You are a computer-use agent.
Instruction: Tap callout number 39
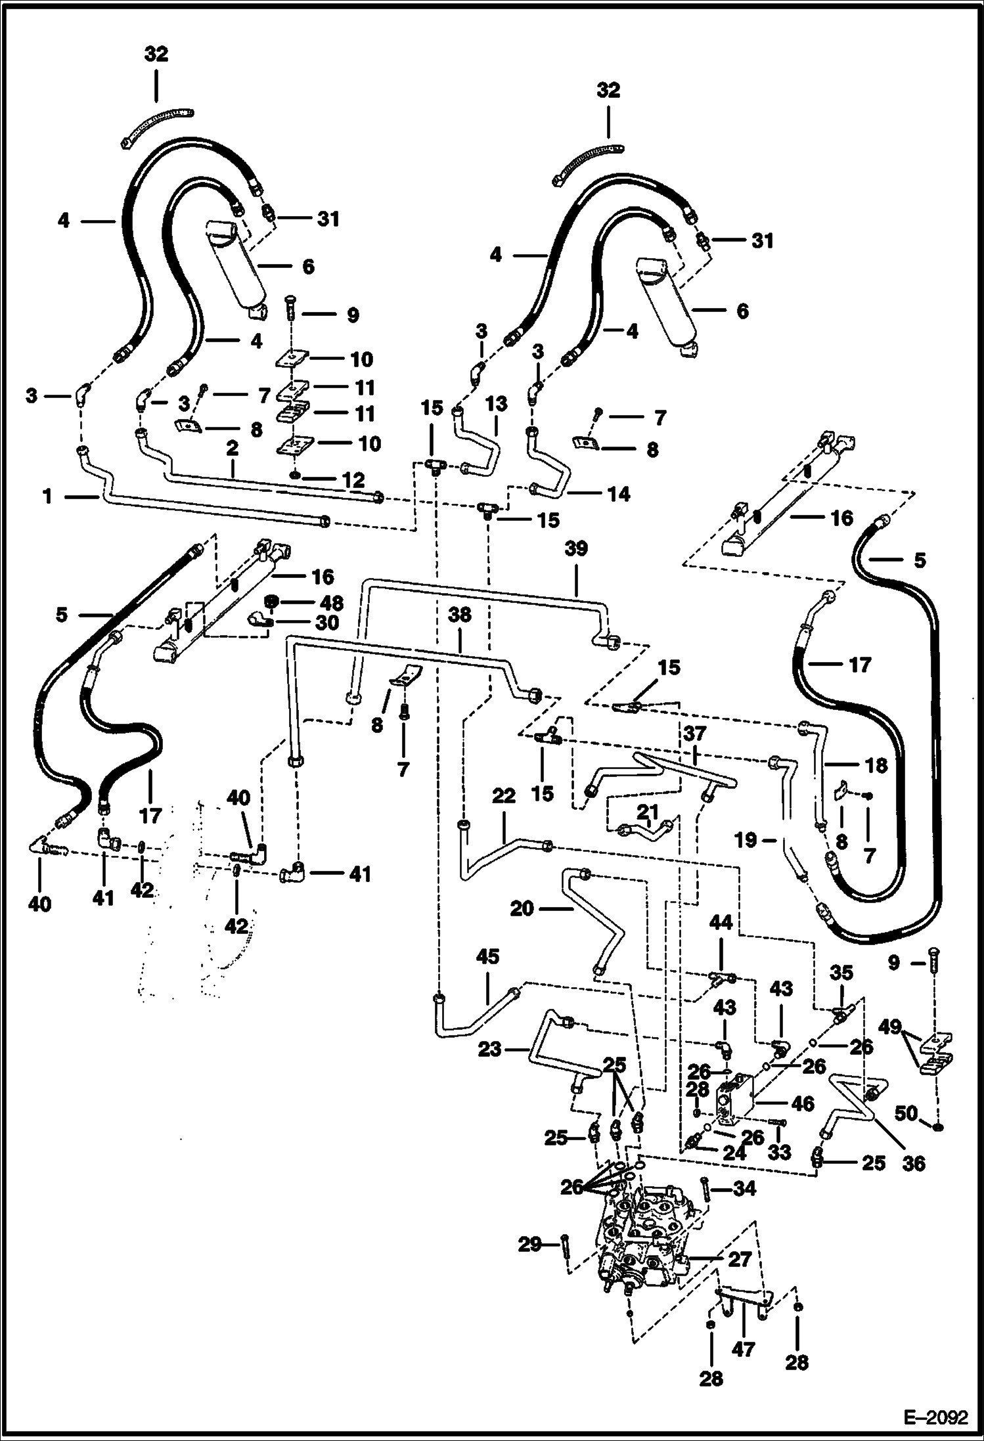(x=576, y=548)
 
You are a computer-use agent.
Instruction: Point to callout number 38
(x=460, y=615)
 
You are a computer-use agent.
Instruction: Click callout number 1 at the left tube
(x=48, y=497)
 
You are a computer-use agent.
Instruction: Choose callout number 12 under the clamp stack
(x=353, y=479)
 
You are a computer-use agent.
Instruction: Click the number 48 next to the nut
(x=332, y=602)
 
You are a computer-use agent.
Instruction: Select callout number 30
(x=328, y=622)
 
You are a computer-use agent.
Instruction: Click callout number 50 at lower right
(x=907, y=1113)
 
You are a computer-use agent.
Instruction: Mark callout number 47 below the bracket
(x=744, y=1349)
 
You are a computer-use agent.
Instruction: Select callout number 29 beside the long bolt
(x=530, y=1244)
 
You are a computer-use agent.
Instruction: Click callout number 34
(x=744, y=1188)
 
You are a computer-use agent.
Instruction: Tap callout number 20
(x=522, y=909)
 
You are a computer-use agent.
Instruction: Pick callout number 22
(x=504, y=796)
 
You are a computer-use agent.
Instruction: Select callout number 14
(x=619, y=494)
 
